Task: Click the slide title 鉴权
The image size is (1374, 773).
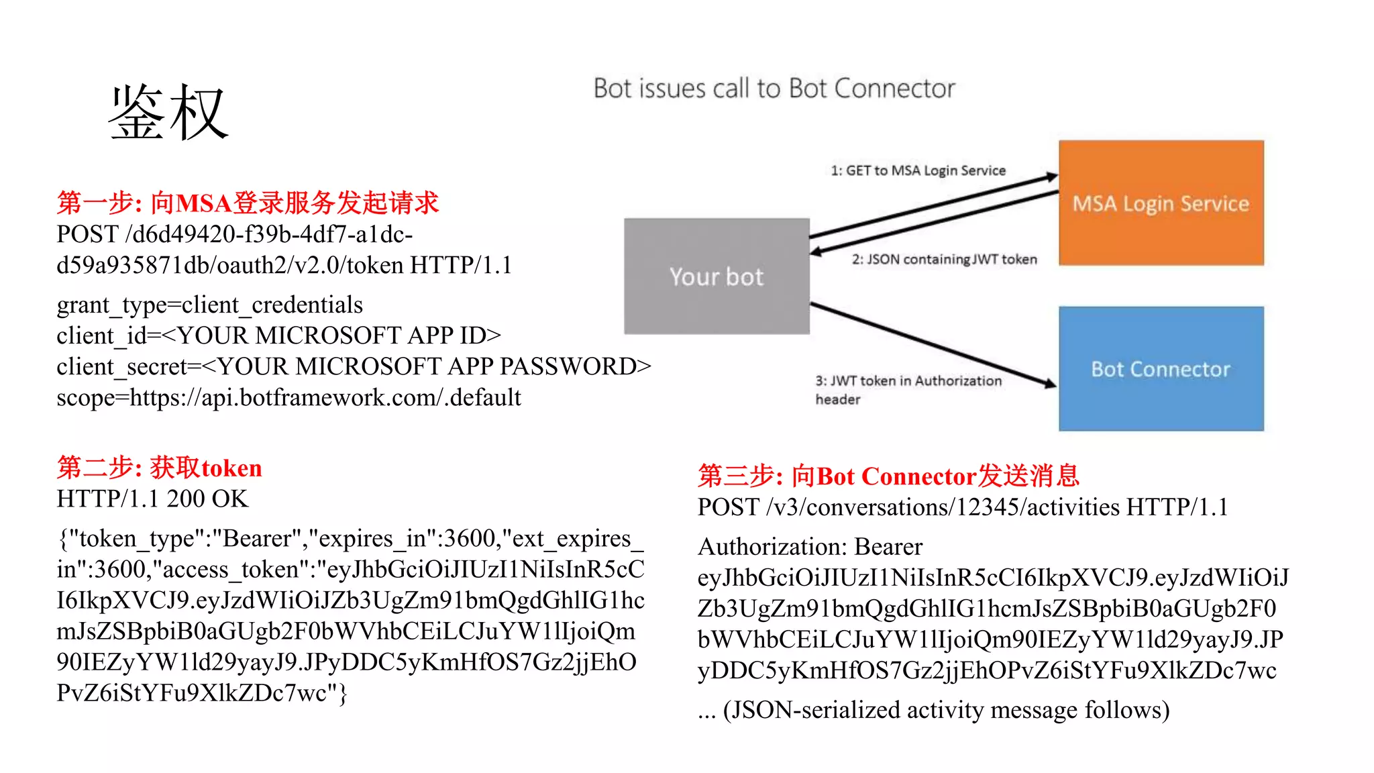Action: coord(169,113)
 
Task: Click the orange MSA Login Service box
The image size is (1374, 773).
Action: coord(1161,203)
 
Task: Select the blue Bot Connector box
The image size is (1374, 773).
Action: coord(1161,368)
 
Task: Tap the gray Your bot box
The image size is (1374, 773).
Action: coord(717,276)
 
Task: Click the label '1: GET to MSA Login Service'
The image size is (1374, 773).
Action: coord(918,170)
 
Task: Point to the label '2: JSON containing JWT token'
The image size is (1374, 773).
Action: coord(944,260)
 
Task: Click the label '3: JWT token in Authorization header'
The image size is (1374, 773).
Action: coord(908,389)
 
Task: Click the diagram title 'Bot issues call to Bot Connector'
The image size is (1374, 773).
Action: coord(774,89)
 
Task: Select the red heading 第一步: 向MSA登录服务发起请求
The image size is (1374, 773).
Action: coord(248,203)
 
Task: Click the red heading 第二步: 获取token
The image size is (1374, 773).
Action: coord(159,468)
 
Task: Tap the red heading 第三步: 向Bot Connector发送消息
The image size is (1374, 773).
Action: coord(888,476)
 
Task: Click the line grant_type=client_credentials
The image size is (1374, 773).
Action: coord(209,305)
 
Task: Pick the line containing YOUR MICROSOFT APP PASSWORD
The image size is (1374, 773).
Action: coord(354,366)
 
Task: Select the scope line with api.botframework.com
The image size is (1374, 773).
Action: coord(288,398)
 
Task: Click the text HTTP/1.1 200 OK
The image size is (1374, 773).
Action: coord(152,499)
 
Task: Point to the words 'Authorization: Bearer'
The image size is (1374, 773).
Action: coord(810,547)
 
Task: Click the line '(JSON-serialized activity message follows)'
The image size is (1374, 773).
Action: coord(933,710)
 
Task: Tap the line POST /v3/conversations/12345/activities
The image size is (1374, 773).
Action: coord(962,507)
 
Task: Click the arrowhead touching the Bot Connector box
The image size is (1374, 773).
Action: coord(1049,383)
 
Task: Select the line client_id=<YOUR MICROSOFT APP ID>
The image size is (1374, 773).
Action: coord(278,336)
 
